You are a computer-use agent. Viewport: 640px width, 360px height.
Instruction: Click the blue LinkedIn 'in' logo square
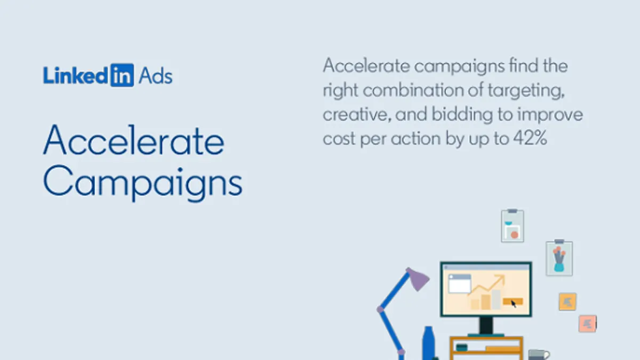(x=122, y=75)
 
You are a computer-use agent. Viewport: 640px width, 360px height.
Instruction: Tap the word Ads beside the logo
(x=156, y=76)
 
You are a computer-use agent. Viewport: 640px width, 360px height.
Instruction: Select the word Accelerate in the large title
(x=134, y=140)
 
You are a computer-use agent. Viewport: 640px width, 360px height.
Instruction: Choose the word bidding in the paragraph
(x=462, y=115)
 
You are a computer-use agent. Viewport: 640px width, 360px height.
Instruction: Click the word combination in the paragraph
(x=413, y=90)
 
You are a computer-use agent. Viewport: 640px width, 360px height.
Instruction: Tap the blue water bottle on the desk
(x=428, y=343)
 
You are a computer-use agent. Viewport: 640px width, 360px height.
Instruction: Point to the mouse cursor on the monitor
(x=514, y=303)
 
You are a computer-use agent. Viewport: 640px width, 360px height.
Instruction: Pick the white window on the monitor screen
(x=459, y=284)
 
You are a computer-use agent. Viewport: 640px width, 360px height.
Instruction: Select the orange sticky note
(x=567, y=301)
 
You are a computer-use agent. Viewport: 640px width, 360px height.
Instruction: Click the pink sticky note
(x=587, y=324)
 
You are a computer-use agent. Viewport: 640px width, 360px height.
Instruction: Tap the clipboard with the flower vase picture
(x=559, y=258)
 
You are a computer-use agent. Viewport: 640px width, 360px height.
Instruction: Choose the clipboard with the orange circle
(x=513, y=226)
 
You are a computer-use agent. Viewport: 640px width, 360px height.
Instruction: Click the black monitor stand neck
(x=486, y=325)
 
